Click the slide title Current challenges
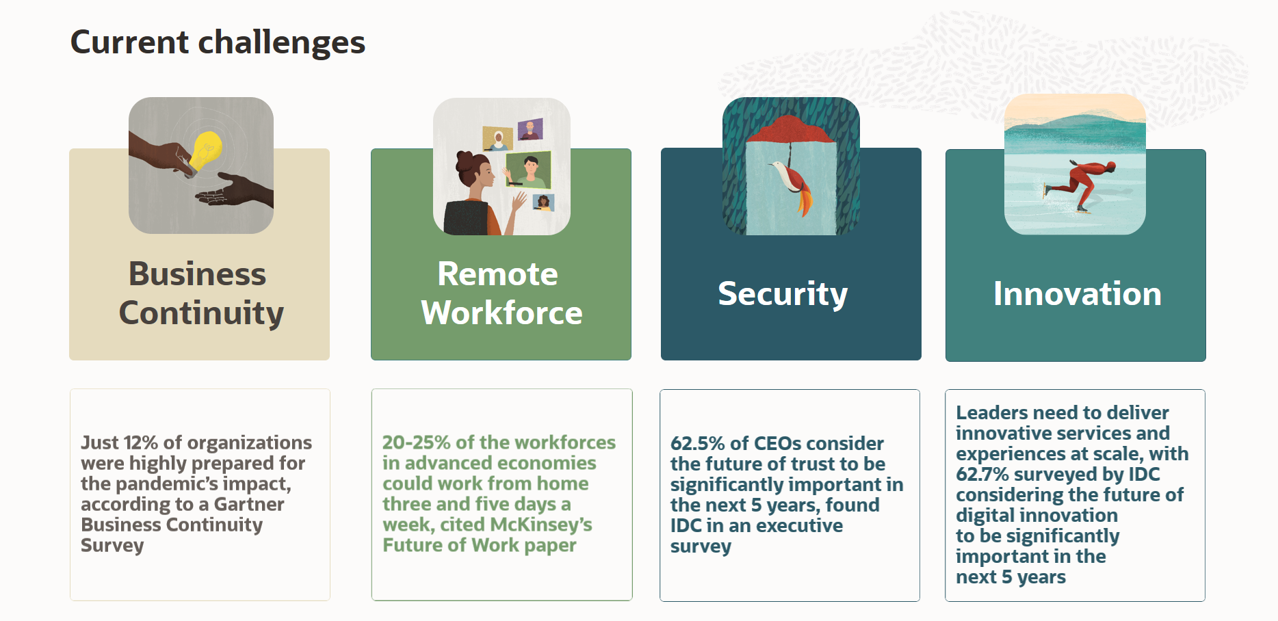tap(218, 42)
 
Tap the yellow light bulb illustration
tap(205, 150)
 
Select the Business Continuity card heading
tap(200, 293)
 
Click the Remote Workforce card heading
tap(501, 293)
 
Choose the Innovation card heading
tap(1077, 294)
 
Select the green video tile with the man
tap(528, 169)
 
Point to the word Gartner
tap(248, 504)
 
